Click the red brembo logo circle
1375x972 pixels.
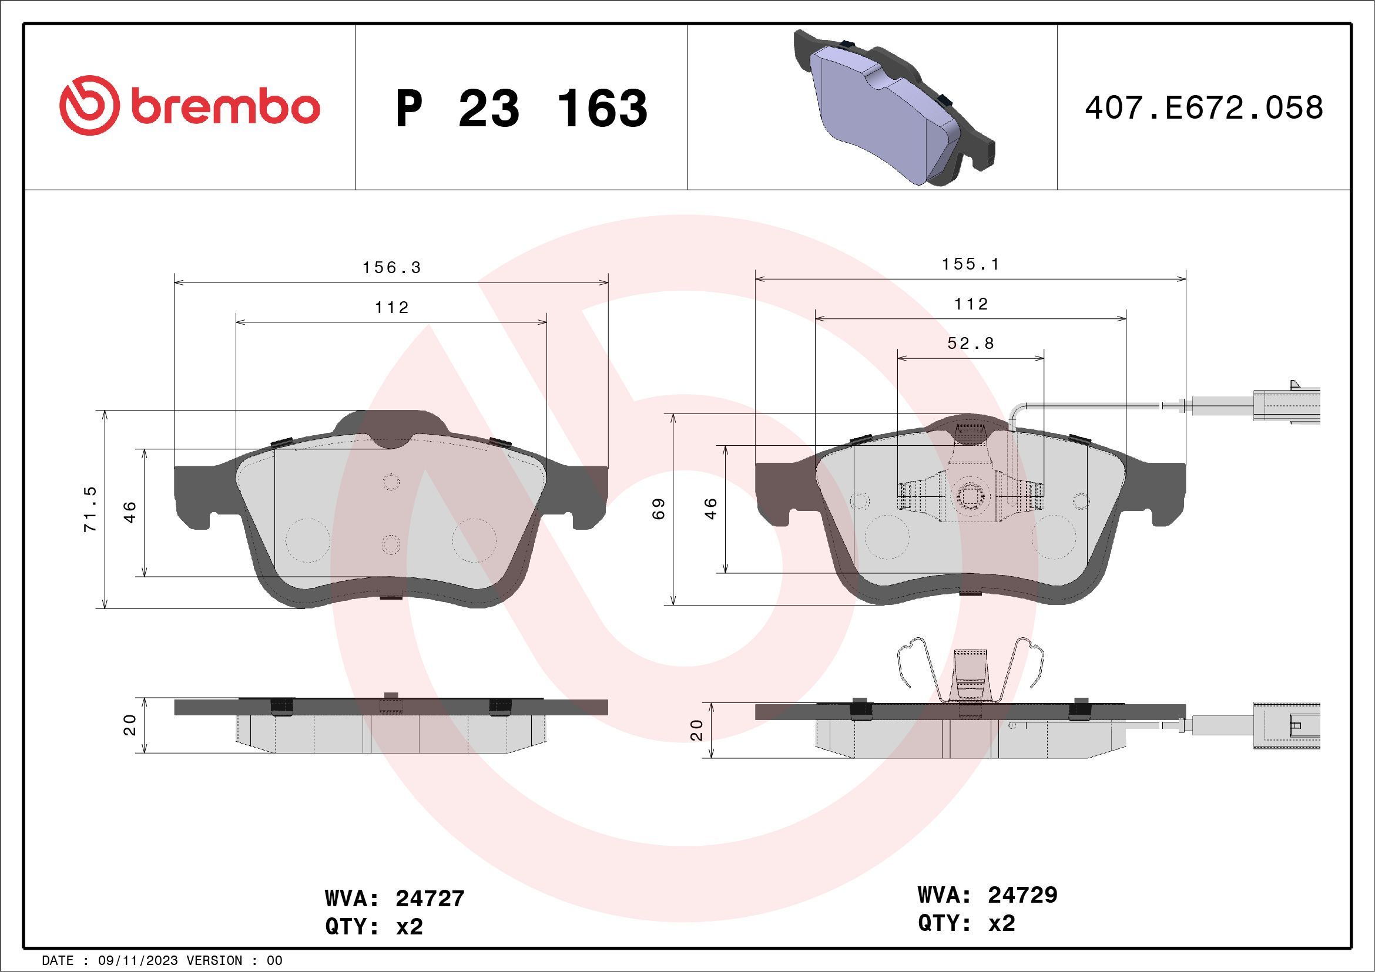(x=87, y=105)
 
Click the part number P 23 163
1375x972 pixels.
(x=522, y=108)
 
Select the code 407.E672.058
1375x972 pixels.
(x=1204, y=108)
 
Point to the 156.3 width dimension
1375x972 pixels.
(x=392, y=268)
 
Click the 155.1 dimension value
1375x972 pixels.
(x=971, y=264)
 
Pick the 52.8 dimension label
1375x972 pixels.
(x=971, y=343)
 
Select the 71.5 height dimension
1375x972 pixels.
(x=90, y=509)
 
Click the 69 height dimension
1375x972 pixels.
(x=659, y=509)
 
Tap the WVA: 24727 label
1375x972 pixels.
(x=395, y=899)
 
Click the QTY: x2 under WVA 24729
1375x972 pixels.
(x=966, y=923)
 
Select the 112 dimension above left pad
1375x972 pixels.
(x=392, y=308)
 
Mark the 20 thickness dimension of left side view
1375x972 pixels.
(x=130, y=725)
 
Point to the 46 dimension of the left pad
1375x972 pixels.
(x=130, y=512)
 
